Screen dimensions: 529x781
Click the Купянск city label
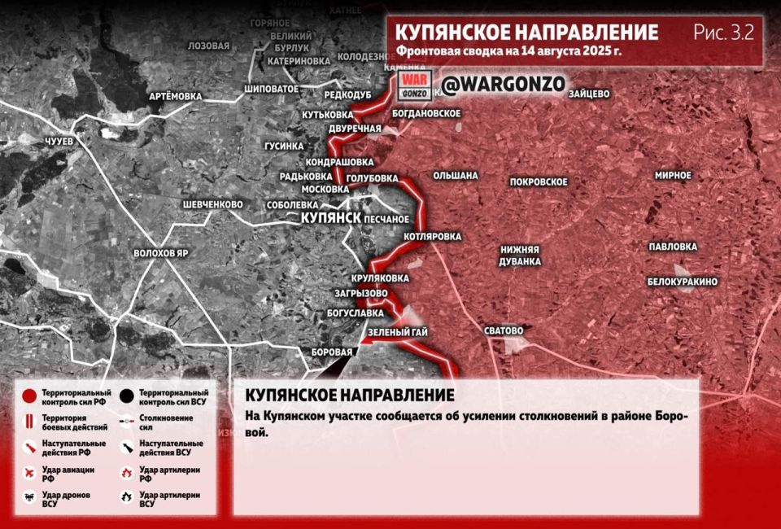click(331, 218)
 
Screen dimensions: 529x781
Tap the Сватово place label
click(503, 330)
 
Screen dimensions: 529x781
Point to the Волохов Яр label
click(161, 253)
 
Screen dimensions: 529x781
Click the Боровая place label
click(333, 352)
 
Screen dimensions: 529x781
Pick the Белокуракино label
click(683, 282)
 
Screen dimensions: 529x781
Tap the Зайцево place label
click(589, 94)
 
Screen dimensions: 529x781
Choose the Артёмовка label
click(175, 96)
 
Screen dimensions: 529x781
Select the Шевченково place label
click(213, 203)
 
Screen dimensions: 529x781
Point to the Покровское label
click(539, 181)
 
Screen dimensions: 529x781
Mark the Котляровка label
click(432, 237)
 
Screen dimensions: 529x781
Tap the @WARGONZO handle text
click(503, 84)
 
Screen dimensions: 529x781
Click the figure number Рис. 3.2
click(723, 33)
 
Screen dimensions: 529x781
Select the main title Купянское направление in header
click(526, 33)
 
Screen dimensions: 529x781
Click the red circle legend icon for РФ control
click(29, 396)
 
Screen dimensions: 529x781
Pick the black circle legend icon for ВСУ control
click(126, 396)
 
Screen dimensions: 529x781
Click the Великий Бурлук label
click(292, 42)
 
